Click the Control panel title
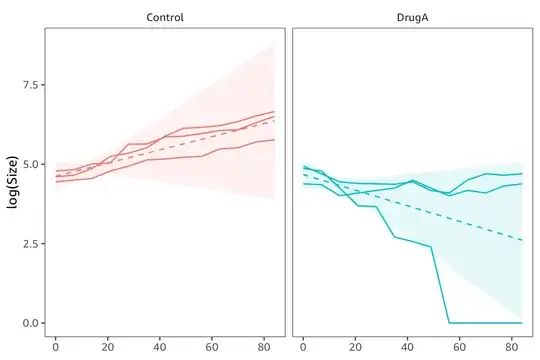pyautogui.click(x=164, y=18)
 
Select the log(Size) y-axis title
pyautogui.click(x=14, y=181)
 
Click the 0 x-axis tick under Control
pyautogui.click(x=55, y=347)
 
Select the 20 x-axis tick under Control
pyautogui.click(x=107, y=347)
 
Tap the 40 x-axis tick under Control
pyautogui.click(x=159, y=347)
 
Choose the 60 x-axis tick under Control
pyautogui.click(x=211, y=347)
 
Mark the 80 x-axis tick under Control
pyautogui.click(x=263, y=347)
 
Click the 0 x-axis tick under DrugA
pyautogui.click(x=303, y=347)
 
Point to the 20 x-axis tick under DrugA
pyautogui.click(x=355, y=347)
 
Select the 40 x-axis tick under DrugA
pyautogui.click(x=407, y=347)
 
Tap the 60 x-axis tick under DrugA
pyautogui.click(x=459, y=347)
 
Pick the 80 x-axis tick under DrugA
pyautogui.click(x=511, y=347)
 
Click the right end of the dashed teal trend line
pyautogui.click(x=522, y=240)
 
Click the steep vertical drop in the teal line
pyautogui.click(x=440, y=285)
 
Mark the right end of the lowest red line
pyautogui.click(x=274, y=139)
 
